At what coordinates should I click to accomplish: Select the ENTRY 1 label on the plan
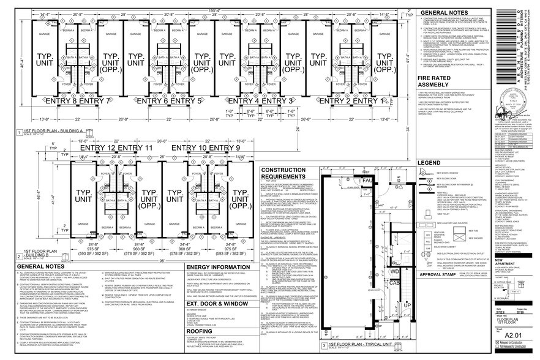coord(381,100)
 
